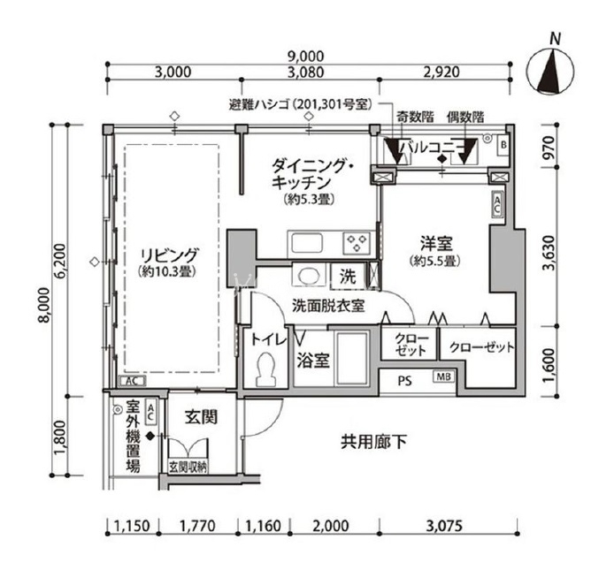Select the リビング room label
(169, 255)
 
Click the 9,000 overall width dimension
(306, 57)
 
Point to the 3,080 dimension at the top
(306, 72)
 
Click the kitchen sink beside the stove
(307, 243)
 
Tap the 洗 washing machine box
(348, 277)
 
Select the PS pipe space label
(405, 381)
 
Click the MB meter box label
(443, 376)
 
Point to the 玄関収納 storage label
(188, 467)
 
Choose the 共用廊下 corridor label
(373, 442)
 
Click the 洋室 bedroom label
(436, 243)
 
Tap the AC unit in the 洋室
(497, 204)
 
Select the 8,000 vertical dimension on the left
(44, 305)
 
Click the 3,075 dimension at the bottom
(443, 526)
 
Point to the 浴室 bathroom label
(312, 361)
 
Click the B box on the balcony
(503, 145)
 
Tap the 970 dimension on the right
(549, 147)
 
